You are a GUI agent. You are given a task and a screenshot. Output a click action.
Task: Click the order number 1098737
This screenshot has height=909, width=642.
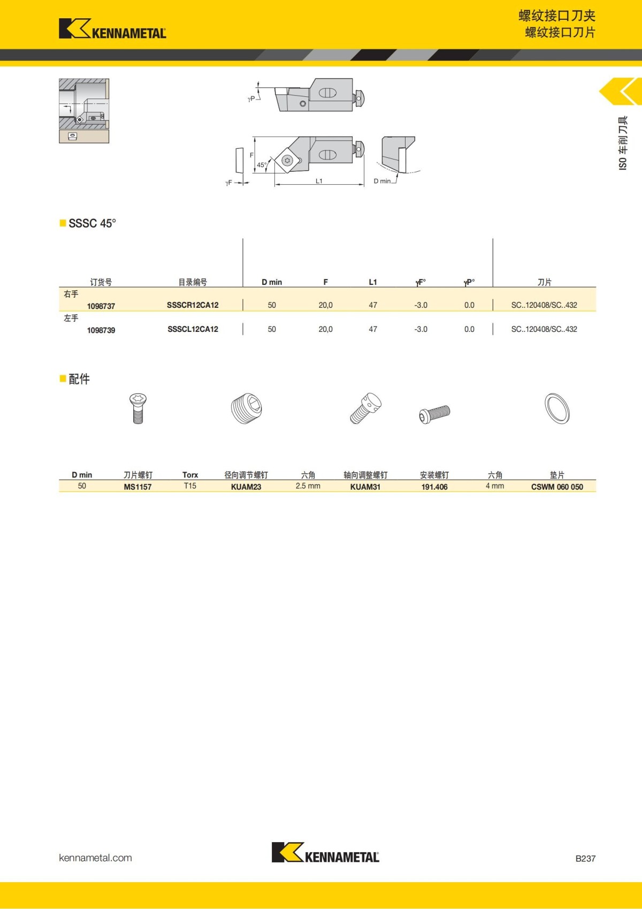tap(101, 306)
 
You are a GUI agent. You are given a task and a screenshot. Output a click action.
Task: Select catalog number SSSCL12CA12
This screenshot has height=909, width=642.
tap(193, 329)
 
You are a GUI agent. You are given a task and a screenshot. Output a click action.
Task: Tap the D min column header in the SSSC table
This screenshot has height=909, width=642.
tap(272, 282)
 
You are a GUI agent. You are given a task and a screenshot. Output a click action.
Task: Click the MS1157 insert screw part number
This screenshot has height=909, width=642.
tap(137, 487)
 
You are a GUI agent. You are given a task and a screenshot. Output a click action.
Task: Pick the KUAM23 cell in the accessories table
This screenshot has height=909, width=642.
tap(246, 487)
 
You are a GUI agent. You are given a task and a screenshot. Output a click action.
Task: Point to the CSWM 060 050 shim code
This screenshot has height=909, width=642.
tap(557, 487)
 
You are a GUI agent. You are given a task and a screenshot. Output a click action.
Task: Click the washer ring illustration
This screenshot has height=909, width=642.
tap(557, 408)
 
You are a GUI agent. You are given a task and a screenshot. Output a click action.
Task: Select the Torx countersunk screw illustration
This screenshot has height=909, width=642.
tap(138, 408)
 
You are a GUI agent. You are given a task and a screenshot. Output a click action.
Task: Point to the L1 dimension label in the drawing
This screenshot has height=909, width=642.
tap(319, 181)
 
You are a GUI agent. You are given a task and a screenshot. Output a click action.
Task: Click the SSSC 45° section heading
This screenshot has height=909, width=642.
tap(92, 223)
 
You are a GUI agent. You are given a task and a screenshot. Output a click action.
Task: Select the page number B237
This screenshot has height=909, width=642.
tap(585, 858)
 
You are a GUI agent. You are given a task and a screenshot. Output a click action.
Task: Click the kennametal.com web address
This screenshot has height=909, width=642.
tap(95, 858)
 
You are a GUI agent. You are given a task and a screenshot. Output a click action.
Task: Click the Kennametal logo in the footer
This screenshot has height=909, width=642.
tap(325, 852)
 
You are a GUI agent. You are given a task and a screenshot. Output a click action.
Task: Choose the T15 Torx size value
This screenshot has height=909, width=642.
tap(190, 486)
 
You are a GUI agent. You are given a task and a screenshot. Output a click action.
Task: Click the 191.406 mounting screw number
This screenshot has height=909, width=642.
tap(434, 487)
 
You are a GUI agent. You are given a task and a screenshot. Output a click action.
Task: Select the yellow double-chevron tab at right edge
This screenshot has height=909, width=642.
tap(621, 92)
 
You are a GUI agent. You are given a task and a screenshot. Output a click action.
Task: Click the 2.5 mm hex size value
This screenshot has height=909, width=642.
tap(308, 486)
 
